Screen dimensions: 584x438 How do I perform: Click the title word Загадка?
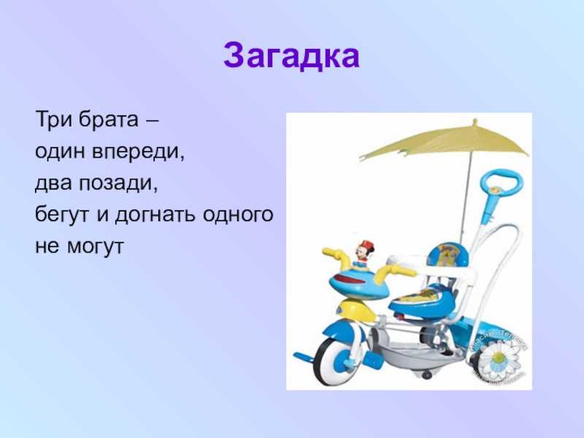[x=291, y=55]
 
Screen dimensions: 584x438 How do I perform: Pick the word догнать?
[x=155, y=215]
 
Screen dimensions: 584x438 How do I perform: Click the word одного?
[x=239, y=215]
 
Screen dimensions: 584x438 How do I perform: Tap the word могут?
[x=96, y=247]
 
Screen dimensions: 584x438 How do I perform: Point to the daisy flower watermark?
[x=498, y=359]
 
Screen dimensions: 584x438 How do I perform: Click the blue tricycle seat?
[x=419, y=298]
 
